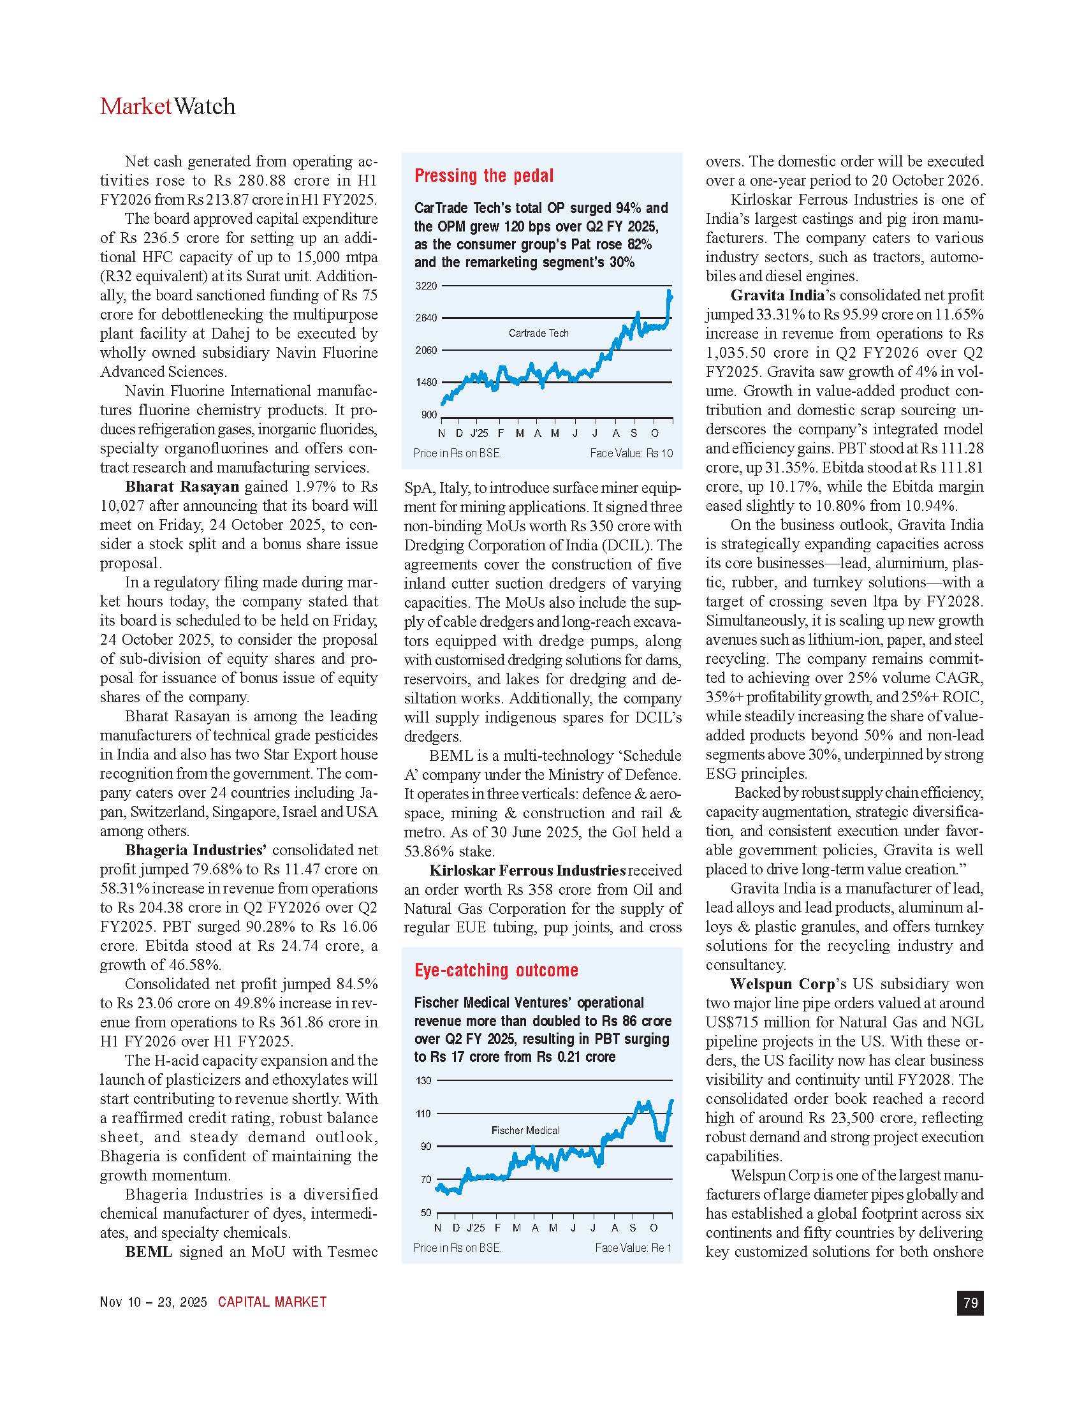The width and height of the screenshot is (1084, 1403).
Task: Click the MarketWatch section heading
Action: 168,107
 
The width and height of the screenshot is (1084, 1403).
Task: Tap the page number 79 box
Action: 970,1302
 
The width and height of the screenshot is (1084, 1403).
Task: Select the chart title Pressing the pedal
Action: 483,176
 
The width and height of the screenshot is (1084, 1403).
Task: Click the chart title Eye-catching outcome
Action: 495,970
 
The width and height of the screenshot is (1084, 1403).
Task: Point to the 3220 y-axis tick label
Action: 426,286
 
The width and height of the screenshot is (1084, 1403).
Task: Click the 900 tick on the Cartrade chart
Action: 429,415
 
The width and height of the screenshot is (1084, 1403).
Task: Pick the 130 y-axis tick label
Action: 424,1080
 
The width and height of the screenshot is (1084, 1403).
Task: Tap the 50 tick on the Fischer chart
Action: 426,1213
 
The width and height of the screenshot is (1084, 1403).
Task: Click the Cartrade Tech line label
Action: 538,333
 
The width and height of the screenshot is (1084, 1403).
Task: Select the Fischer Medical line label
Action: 525,1130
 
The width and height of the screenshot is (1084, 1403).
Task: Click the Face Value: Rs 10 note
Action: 631,453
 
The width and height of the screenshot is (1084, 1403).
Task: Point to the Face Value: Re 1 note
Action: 633,1247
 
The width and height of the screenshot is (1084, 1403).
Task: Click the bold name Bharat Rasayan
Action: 182,487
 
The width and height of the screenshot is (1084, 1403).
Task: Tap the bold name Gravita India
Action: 777,295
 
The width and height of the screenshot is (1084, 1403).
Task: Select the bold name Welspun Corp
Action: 782,984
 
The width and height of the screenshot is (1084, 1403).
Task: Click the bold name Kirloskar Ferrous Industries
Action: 527,870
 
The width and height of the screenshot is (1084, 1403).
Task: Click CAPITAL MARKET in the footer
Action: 272,1302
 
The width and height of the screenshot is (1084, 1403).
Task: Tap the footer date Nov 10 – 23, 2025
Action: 154,1302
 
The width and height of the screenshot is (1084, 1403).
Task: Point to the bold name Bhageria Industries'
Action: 195,851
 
